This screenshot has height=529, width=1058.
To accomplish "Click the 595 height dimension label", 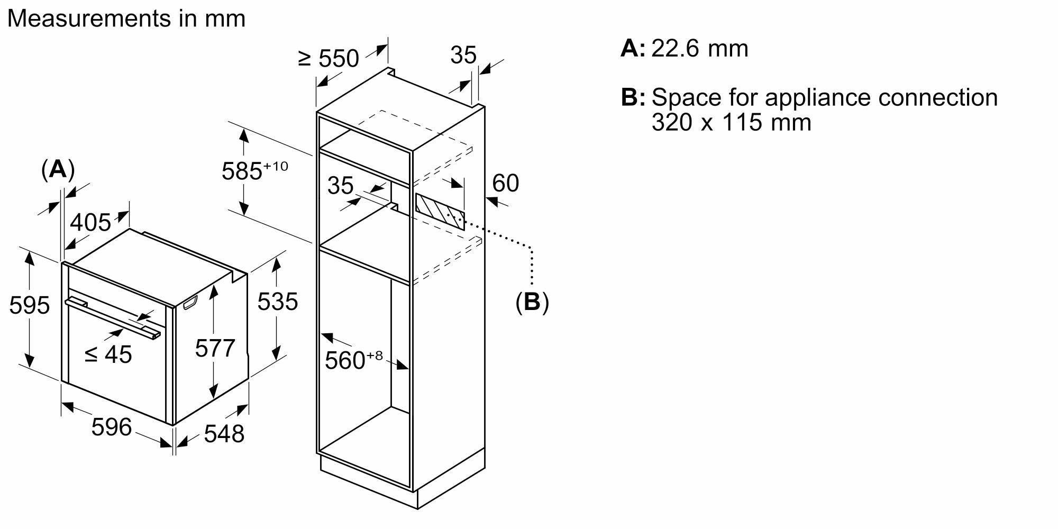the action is [30, 305].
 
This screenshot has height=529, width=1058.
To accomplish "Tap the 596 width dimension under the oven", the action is [111, 426].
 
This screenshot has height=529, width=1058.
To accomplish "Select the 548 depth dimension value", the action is [224, 433].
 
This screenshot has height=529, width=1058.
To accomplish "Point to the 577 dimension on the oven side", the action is [215, 348].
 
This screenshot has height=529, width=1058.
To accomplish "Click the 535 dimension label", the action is [278, 302].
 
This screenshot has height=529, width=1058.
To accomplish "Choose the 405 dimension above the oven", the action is [90, 222].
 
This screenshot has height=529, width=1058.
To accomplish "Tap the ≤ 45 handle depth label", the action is [108, 354].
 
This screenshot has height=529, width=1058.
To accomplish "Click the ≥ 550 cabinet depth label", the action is [329, 58].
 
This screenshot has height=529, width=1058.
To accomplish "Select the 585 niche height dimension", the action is [254, 171].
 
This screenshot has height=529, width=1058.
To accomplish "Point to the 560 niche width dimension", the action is [353, 360].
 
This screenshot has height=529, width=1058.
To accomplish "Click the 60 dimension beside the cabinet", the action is [506, 183].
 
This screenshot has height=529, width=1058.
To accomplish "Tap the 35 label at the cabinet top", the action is [463, 55].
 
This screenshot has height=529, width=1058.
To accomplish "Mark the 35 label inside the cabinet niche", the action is [340, 186].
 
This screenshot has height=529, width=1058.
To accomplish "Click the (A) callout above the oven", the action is [58, 169].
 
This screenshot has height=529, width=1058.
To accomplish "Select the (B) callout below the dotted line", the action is [532, 302].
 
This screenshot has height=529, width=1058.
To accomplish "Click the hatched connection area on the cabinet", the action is [440, 212].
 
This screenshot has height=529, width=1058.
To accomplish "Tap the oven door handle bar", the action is [113, 318].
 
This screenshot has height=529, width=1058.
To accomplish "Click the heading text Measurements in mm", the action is [126, 19].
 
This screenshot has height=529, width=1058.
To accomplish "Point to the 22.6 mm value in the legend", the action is [700, 49].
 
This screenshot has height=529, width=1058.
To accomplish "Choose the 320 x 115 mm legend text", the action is [731, 122].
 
